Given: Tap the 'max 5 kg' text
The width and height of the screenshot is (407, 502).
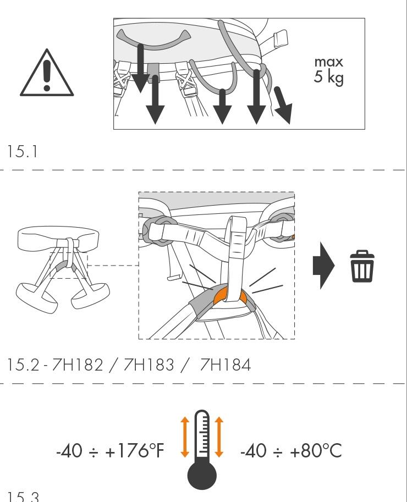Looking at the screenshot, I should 328,70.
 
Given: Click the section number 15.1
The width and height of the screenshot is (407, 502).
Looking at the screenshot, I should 24,152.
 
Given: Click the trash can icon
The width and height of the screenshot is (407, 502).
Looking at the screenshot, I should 362,267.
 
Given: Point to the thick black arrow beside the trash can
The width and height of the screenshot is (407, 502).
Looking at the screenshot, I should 323,267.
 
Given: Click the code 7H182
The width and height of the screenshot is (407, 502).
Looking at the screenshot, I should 77,365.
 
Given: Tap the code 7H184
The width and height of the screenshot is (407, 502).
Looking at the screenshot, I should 225,365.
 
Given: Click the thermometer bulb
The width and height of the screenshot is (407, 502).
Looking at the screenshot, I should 202,473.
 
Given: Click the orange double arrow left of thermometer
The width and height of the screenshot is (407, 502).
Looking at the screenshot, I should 185,437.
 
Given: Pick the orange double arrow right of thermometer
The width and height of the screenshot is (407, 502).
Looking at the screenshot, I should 219,437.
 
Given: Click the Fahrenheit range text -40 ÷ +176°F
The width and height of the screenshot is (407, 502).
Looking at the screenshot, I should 110,451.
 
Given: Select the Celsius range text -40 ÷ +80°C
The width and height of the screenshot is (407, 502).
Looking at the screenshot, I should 291,451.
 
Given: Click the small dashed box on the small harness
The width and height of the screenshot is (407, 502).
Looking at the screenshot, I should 68,265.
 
